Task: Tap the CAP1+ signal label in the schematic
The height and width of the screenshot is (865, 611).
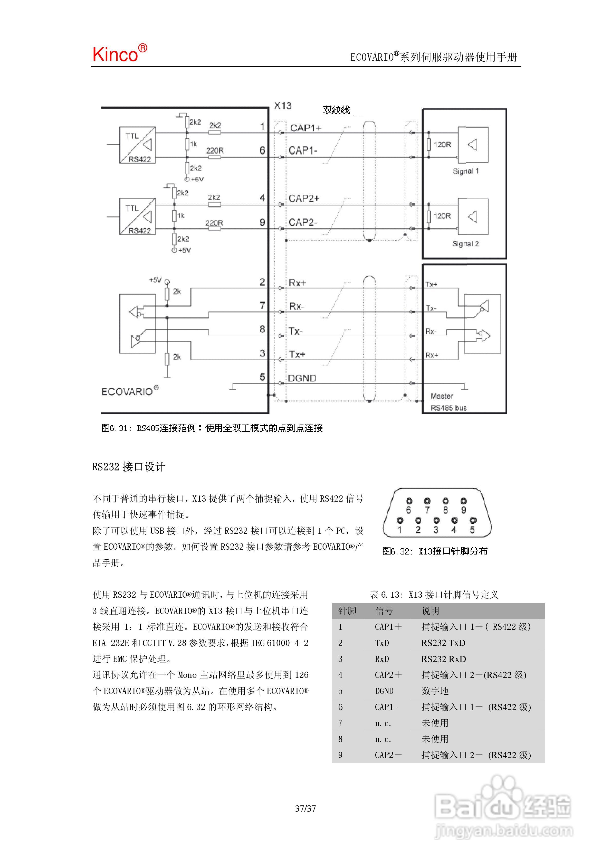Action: [x=305, y=128]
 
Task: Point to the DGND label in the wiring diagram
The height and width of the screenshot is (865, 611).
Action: [x=302, y=378]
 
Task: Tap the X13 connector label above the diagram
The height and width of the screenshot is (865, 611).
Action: [x=282, y=106]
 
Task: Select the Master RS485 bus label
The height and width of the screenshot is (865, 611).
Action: [x=448, y=402]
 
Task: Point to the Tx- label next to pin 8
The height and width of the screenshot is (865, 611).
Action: [x=296, y=331]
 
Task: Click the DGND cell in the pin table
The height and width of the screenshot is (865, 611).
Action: [x=384, y=691]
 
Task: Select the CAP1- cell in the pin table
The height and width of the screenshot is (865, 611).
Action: [x=386, y=707]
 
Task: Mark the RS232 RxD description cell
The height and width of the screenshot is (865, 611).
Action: [x=443, y=659]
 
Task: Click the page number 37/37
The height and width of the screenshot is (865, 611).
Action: [x=305, y=808]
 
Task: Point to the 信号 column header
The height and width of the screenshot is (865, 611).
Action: [x=384, y=611]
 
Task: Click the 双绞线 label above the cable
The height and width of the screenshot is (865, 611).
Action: [x=336, y=110]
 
